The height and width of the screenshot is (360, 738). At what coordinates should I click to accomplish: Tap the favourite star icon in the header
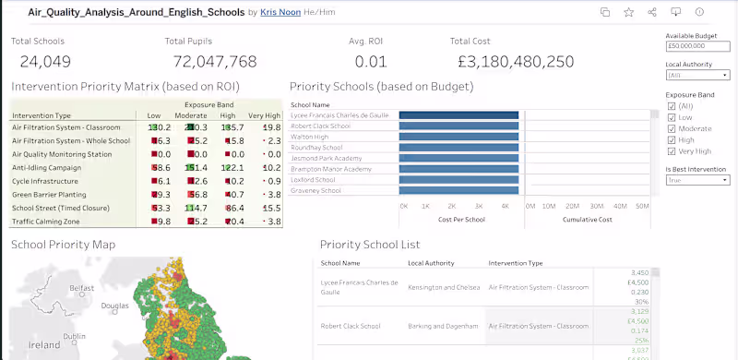tap(628, 12)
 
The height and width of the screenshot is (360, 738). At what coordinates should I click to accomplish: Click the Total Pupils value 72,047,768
tap(215, 62)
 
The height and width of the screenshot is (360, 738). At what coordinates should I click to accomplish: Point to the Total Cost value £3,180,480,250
tap(516, 62)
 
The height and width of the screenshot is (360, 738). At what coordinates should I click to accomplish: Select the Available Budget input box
tap(697, 44)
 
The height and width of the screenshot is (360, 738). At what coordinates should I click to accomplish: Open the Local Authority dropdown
tap(697, 75)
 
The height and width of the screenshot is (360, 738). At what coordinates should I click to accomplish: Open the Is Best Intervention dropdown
tap(697, 181)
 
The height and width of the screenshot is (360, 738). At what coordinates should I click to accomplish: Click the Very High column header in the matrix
tap(264, 114)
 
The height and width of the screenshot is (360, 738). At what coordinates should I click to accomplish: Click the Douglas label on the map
tap(115, 305)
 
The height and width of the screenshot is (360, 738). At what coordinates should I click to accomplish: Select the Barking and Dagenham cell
tap(443, 326)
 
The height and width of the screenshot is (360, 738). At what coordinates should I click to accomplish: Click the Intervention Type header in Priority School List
tap(515, 263)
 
